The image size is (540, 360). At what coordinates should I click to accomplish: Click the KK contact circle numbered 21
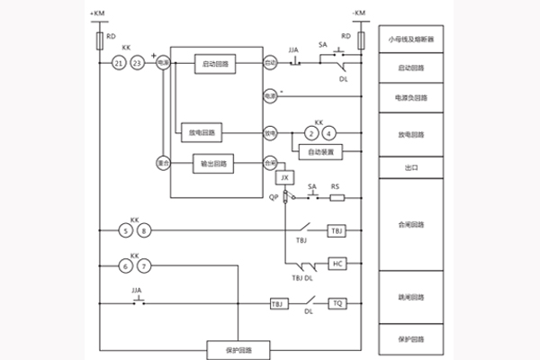click(x=119, y=63)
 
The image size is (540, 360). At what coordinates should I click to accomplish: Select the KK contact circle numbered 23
click(x=137, y=63)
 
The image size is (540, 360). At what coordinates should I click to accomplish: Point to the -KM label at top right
click(x=360, y=13)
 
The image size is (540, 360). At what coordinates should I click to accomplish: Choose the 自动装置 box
click(x=320, y=153)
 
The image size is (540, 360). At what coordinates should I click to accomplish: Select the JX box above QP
click(x=284, y=178)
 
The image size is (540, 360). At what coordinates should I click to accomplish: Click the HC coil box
click(x=337, y=264)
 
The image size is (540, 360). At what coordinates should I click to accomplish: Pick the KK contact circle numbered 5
click(x=126, y=231)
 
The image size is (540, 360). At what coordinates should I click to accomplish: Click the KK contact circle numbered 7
click(x=144, y=267)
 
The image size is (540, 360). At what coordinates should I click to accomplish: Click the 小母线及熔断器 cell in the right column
click(x=409, y=40)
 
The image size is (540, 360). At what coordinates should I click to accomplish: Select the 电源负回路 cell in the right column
click(x=409, y=96)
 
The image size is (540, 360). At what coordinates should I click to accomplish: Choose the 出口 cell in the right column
click(x=409, y=168)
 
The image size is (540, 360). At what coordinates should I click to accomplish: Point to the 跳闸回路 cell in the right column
click(x=409, y=295)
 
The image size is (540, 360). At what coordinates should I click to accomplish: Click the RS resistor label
click(x=336, y=187)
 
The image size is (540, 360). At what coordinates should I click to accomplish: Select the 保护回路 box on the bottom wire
click(x=238, y=349)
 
